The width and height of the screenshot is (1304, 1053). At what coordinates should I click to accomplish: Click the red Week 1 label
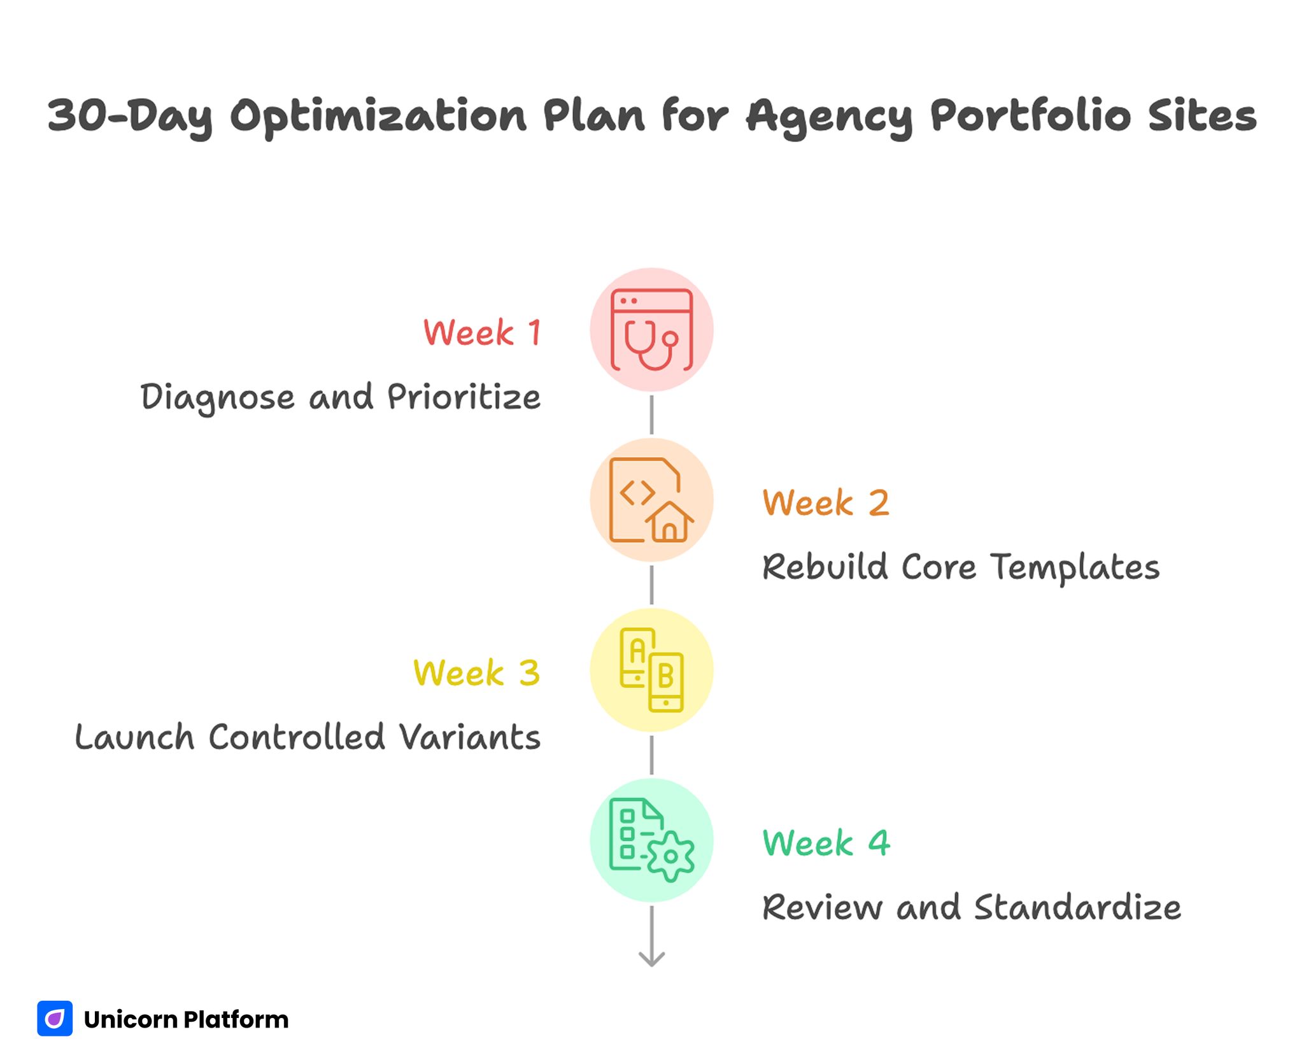pos(482,333)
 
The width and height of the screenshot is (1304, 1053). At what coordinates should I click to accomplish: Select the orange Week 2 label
pos(825,503)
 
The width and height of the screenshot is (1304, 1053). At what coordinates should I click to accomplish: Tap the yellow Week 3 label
pos(476,673)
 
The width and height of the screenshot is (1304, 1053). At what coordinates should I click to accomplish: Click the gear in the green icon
pos(670,856)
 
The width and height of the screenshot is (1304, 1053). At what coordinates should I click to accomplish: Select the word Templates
pos(1075,567)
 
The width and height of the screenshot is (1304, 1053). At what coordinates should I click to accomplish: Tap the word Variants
pos(470,738)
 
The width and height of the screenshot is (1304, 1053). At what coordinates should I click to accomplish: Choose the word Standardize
pos(1077,907)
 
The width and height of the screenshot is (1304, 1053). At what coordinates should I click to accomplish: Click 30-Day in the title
pos(131,117)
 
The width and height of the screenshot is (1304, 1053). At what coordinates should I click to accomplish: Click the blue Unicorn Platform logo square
pos(55,1019)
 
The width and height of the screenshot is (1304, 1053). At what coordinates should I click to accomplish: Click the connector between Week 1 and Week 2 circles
pos(651,414)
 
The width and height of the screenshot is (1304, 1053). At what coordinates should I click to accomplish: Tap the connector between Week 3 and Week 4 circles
pos(651,755)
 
